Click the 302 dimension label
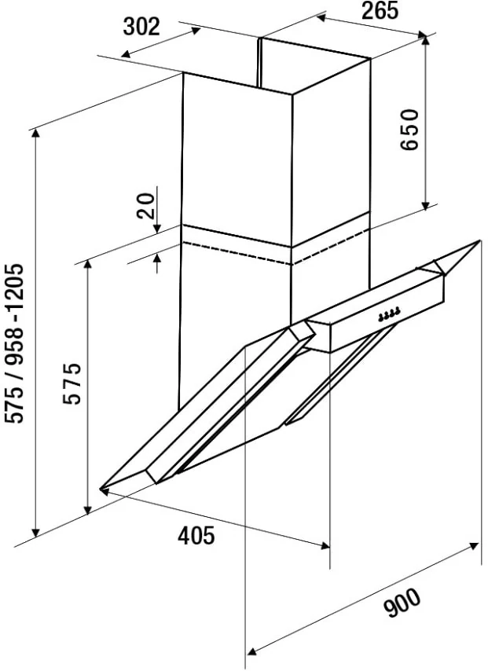[x=141, y=27]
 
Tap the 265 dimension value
[x=380, y=11]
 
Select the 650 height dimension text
[x=409, y=129]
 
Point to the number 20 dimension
[x=145, y=206]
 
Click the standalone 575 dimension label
[x=72, y=383]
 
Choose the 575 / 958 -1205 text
[x=17, y=343]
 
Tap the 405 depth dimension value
[x=196, y=535]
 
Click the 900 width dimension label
[x=402, y=603]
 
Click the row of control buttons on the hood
[x=390, y=314]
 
